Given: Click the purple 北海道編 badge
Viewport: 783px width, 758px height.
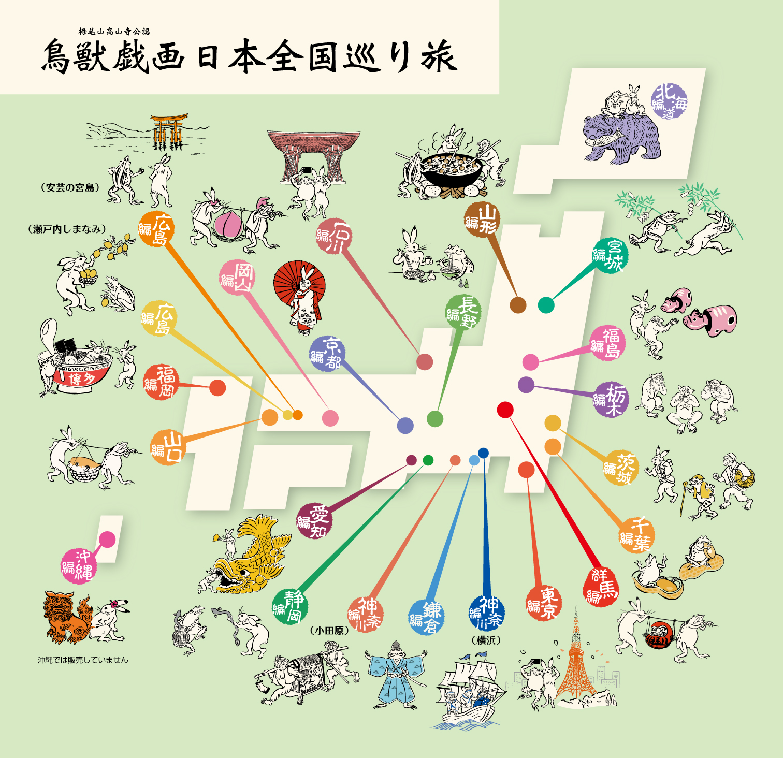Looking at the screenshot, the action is [x=670, y=101].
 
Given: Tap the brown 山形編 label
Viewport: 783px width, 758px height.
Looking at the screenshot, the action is [x=482, y=219].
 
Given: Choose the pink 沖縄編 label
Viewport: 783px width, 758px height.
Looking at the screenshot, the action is [x=78, y=565].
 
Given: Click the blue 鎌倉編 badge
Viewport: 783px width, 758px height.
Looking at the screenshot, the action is [x=426, y=617].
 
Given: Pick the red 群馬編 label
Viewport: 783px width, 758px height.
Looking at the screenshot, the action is [x=601, y=588].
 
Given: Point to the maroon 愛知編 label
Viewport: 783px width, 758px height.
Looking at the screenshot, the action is [x=314, y=520].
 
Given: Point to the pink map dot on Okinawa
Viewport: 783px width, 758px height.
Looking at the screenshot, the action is [x=107, y=540].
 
